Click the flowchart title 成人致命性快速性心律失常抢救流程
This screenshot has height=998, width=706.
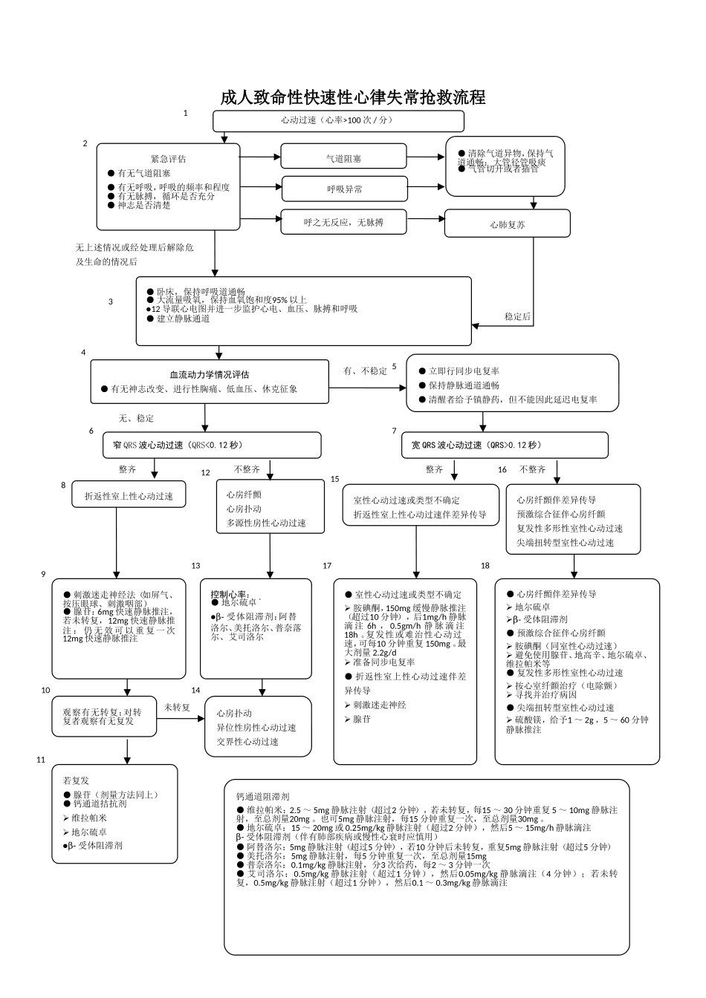pos(353,97)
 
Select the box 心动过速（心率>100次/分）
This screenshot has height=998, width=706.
pos(338,120)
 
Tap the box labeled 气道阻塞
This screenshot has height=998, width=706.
pos(343,157)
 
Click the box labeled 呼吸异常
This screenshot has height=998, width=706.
pos(343,189)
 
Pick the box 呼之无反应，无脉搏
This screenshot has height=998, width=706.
pos(343,222)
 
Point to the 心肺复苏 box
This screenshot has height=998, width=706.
pos(507,224)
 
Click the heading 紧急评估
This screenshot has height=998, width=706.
pos(168,158)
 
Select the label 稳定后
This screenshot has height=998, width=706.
pos(517,316)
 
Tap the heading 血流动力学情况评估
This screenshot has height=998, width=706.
pos(210,374)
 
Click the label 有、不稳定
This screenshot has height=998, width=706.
pos(365,371)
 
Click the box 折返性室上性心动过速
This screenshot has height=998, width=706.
pos(129,495)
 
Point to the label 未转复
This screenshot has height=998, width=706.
pos(177,708)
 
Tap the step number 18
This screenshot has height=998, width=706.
pos(485,566)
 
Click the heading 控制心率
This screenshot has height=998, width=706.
pos(230,594)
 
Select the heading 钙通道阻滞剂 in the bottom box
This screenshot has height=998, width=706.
pos(257,797)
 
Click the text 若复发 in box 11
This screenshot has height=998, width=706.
pos(76,780)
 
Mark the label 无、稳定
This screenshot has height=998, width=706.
pos(136,419)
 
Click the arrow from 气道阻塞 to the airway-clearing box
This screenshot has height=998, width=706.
pos(426,157)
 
